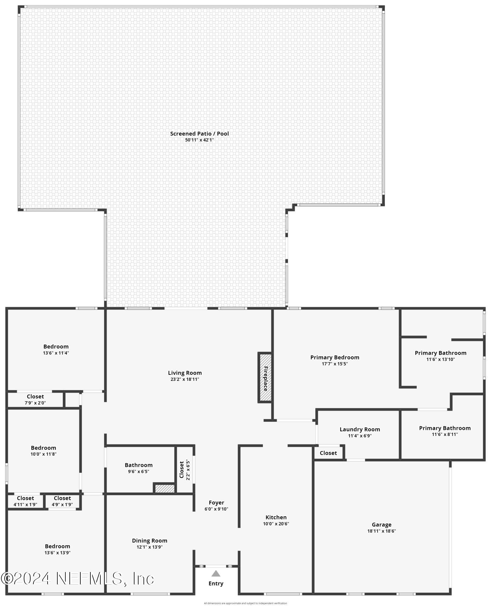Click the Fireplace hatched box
coord(265,378)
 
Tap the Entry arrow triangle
coord(216,573)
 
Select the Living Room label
coord(185,373)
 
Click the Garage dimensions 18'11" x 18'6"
coord(381,531)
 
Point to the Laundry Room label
coord(359,429)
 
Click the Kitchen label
coord(276,517)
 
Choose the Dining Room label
coord(150,541)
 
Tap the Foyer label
coord(216,503)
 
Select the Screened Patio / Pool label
coord(199,134)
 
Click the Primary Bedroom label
coord(335,357)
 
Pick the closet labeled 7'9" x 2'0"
coord(35,400)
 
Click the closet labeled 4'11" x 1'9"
coord(25,501)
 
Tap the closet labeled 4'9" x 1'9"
coord(62,501)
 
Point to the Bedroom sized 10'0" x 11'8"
coord(43,450)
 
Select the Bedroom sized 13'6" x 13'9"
coord(57,549)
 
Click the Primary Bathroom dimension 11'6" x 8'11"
coord(445,434)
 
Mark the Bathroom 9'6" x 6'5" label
coord(139,465)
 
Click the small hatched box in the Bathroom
coord(165,488)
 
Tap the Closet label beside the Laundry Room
coord(328,453)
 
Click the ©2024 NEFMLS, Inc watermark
coord(77,579)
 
